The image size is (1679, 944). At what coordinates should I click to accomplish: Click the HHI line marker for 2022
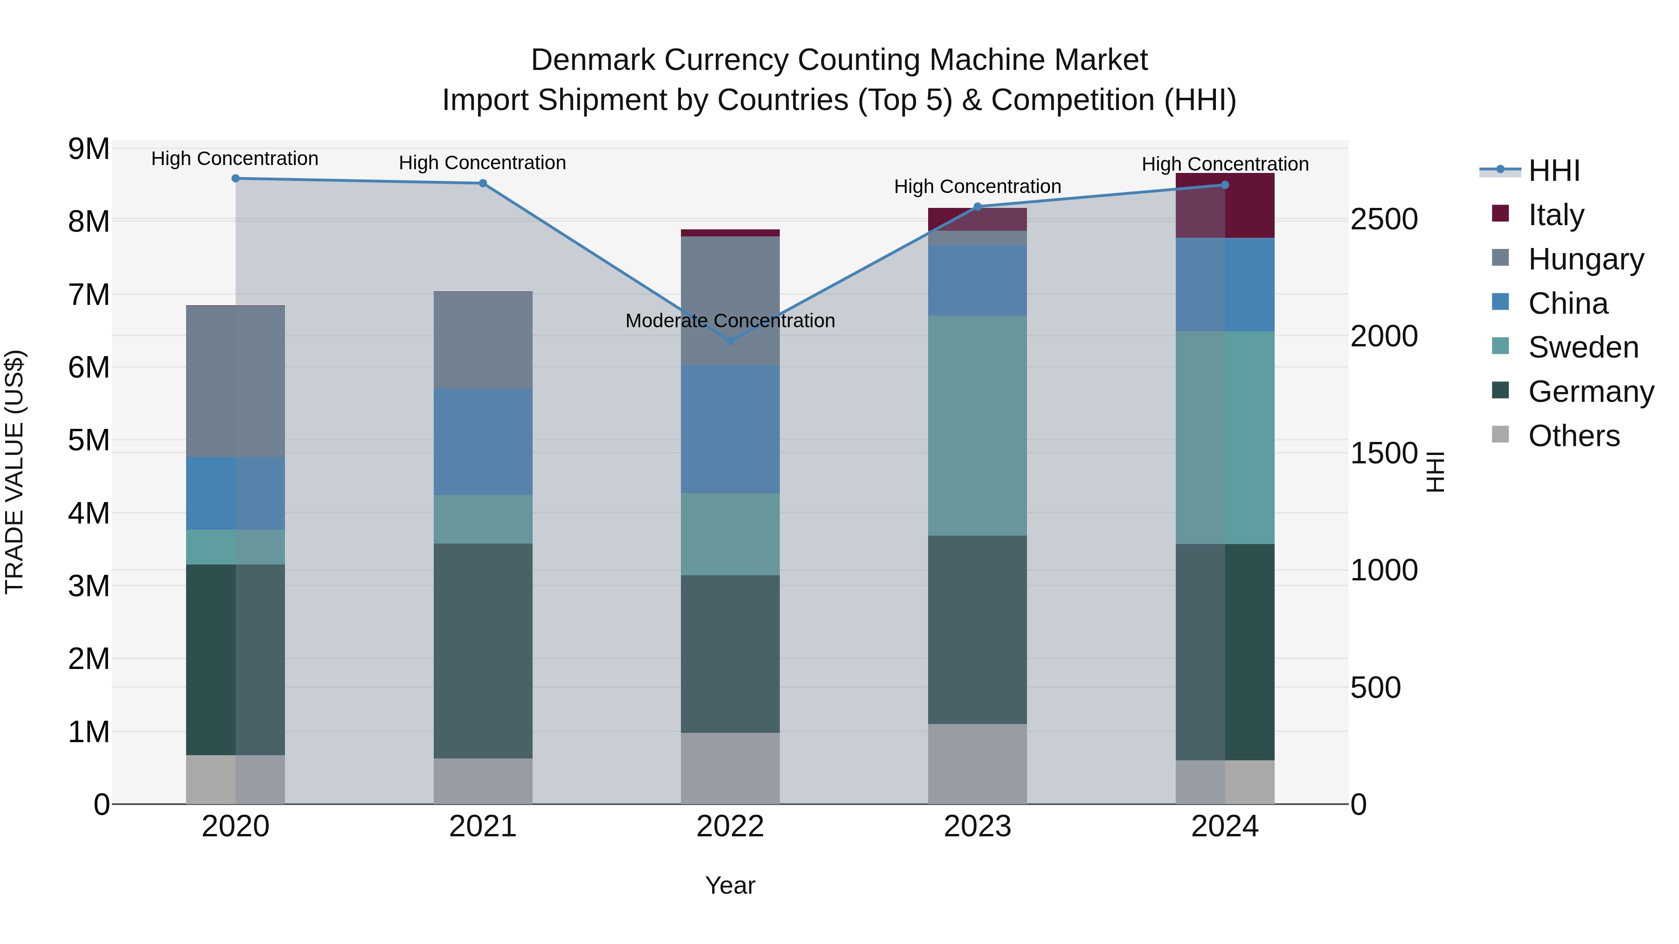tap(730, 341)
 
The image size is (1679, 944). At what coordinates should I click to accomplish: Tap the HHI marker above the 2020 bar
tap(236, 179)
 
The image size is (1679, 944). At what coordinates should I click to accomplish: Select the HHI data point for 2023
tap(977, 207)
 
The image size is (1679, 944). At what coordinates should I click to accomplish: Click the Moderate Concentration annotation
tap(730, 321)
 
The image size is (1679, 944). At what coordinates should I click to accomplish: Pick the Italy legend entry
tap(1556, 215)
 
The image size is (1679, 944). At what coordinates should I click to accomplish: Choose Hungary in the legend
tap(1586, 259)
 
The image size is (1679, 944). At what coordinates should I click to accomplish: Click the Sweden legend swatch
tap(1500, 346)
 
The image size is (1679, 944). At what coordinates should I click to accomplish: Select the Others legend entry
tap(1574, 436)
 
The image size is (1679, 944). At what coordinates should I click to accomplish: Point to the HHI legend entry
tap(1554, 171)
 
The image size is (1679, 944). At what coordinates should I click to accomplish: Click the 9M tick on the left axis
tap(89, 149)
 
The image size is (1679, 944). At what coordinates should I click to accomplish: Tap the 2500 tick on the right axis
tap(1384, 220)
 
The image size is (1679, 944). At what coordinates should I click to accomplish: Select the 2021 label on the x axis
tap(483, 827)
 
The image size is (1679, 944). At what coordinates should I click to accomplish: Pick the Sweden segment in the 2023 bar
tap(977, 426)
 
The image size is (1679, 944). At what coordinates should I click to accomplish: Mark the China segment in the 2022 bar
tap(730, 429)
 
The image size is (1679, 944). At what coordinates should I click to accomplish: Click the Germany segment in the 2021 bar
tap(483, 650)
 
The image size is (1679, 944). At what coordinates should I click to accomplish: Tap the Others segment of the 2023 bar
tap(977, 764)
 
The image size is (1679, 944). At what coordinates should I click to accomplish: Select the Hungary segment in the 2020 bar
tap(236, 381)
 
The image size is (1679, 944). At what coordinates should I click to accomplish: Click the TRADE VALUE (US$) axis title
tap(15, 472)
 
